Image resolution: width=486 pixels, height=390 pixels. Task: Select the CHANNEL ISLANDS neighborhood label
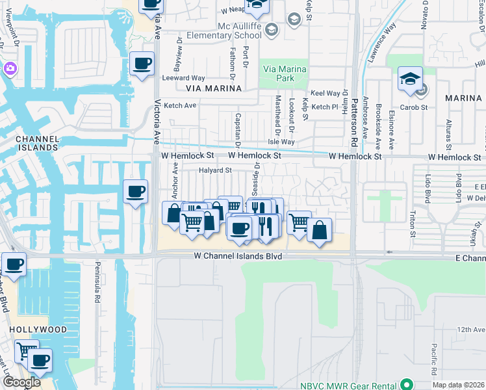point(36,143)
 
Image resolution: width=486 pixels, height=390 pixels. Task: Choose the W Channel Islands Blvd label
point(238,257)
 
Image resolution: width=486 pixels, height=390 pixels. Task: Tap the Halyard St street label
point(215,170)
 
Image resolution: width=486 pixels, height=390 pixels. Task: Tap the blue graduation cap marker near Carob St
point(410,80)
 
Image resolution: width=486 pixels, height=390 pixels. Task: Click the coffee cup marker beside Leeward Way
point(142,64)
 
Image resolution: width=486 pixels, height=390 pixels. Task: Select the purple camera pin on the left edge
point(9,68)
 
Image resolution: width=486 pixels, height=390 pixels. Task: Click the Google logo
point(21,382)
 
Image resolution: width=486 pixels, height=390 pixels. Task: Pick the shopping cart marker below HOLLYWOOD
point(26,352)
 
